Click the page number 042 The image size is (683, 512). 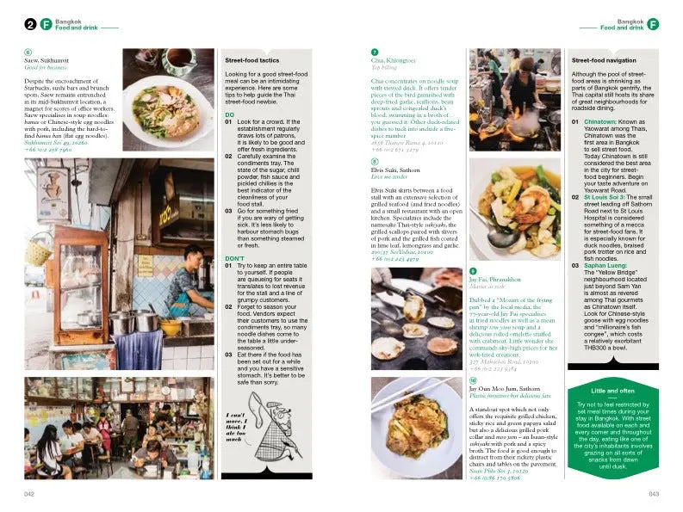click(x=28, y=494)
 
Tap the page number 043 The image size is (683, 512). click(x=654, y=494)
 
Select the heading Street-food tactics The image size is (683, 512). click(x=253, y=61)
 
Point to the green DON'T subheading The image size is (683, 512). click(x=235, y=258)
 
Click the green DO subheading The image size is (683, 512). click(x=229, y=114)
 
